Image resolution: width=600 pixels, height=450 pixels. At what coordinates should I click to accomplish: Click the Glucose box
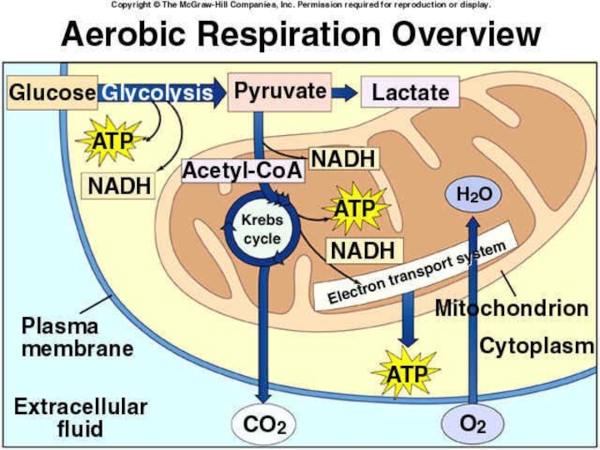(52, 93)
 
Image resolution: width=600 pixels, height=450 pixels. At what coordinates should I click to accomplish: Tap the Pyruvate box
(280, 92)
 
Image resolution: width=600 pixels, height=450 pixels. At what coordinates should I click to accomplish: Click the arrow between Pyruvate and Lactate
(344, 92)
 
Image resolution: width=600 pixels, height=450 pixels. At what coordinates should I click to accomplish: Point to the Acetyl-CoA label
(243, 171)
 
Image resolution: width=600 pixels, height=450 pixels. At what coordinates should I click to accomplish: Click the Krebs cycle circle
(261, 229)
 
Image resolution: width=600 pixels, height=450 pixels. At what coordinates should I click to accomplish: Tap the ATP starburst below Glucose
(113, 141)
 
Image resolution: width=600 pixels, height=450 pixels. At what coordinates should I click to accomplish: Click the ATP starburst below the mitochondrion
(407, 373)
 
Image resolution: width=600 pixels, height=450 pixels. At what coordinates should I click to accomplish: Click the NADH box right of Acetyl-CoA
(343, 158)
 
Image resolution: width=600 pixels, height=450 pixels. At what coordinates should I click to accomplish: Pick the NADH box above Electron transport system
(363, 250)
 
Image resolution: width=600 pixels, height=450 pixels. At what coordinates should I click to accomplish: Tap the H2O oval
(473, 195)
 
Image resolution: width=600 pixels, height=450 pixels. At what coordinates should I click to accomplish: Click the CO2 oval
(264, 425)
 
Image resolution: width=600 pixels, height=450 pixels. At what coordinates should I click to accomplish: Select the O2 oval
(472, 424)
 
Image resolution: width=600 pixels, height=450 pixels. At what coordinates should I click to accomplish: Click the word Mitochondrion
(511, 308)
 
